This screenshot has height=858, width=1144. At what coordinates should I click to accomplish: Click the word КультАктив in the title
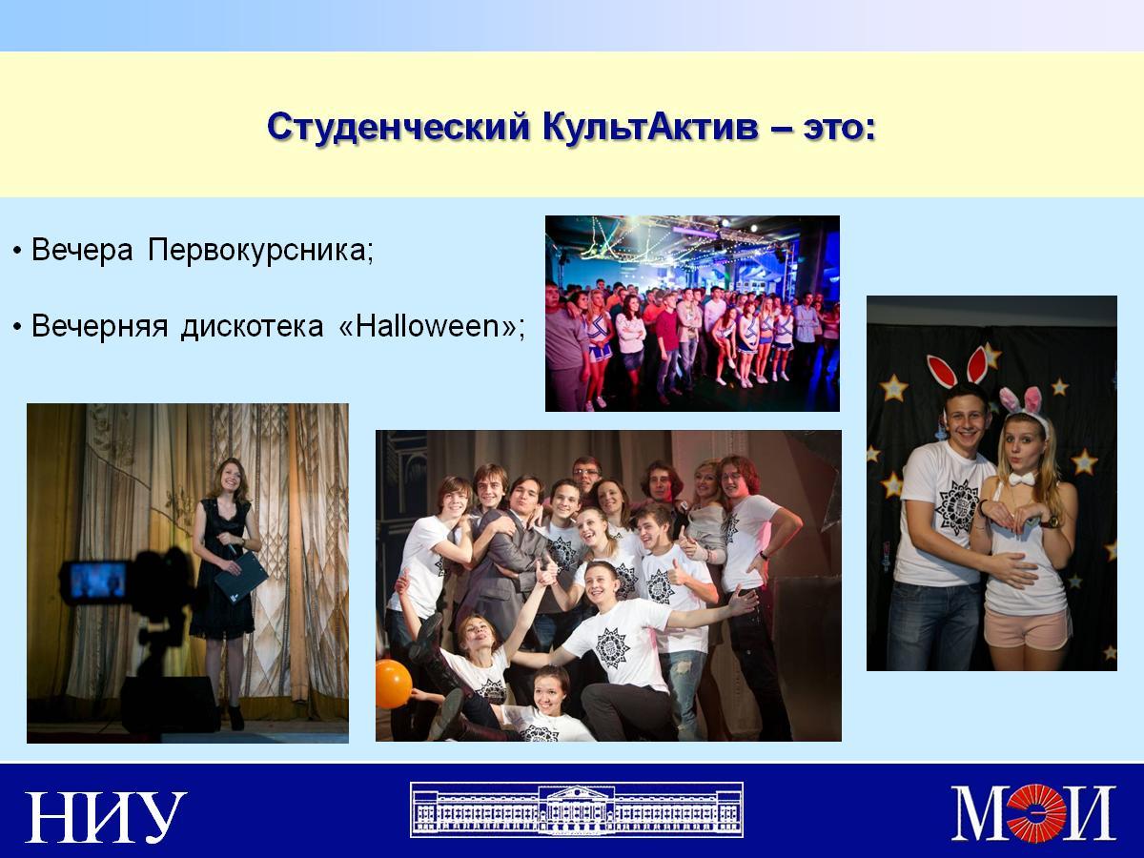650,127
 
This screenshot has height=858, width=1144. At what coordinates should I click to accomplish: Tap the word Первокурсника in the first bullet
260,251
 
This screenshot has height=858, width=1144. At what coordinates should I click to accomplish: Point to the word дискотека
253,327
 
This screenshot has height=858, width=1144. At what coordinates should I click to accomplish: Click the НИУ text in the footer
106,816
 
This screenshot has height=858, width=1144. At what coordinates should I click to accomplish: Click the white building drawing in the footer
577,809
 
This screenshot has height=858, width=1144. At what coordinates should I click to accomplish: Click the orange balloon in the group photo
393,684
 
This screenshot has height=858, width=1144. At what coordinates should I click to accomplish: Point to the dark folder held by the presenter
241,577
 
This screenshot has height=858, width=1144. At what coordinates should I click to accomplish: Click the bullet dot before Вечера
18,252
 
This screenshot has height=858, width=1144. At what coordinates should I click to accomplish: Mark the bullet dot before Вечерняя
18,328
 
